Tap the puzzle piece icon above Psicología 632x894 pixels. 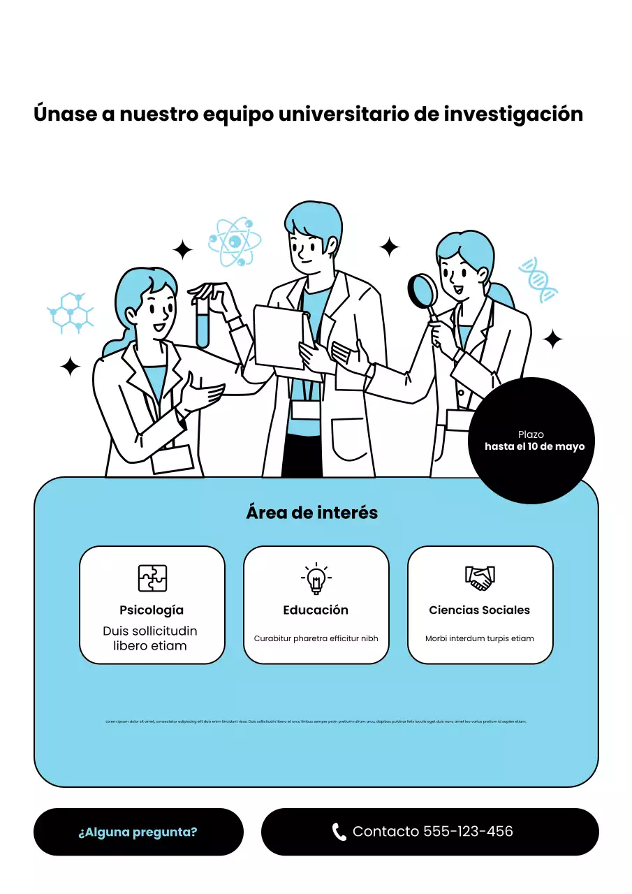point(152,578)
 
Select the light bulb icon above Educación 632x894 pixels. point(316,578)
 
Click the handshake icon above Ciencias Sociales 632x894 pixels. point(480,578)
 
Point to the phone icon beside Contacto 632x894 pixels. point(339,832)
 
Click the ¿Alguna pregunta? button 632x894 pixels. point(138,832)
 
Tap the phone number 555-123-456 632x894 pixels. point(468,831)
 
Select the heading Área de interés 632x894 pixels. point(311,513)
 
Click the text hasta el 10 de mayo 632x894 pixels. point(534,446)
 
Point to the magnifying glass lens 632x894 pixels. point(422,290)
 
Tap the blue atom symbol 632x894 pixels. point(235,242)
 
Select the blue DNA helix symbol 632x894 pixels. point(538,279)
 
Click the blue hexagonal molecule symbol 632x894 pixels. point(71,312)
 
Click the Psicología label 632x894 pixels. point(152,610)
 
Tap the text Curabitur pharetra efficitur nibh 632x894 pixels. point(316,638)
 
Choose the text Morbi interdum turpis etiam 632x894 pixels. point(479,638)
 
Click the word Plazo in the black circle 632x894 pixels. point(531,434)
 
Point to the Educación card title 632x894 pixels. point(316,610)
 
